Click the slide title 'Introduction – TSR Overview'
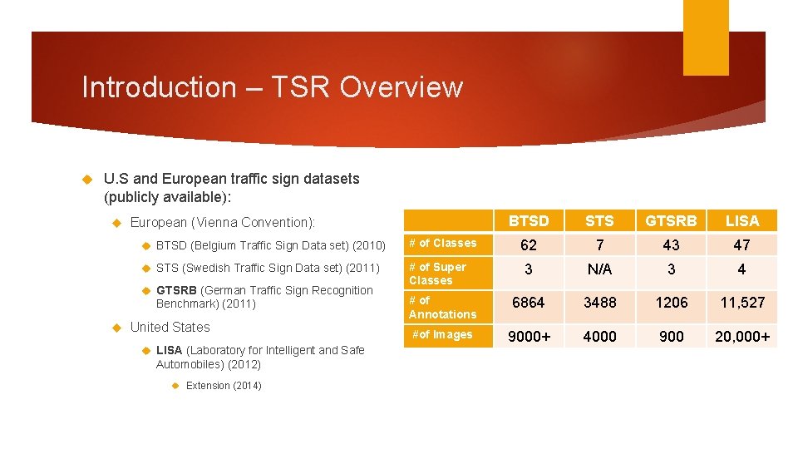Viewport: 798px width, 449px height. pyautogui.click(x=272, y=87)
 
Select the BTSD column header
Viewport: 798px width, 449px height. pyautogui.click(x=529, y=220)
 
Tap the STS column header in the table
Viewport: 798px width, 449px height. pyautogui.click(x=599, y=220)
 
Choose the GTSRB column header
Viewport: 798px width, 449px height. pyautogui.click(x=671, y=220)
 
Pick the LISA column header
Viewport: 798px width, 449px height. pyautogui.click(x=741, y=220)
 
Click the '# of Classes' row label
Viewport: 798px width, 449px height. pyautogui.click(x=443, y=244)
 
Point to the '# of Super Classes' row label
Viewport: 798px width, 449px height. pyautogui.click(x=437, y=274)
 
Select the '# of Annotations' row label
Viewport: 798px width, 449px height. pyautogui.click(x=442, y=307)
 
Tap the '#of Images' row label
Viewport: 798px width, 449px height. pyautogui.click(x=442, y=335)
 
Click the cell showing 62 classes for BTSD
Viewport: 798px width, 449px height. pyautogui.click(x=529, y=244)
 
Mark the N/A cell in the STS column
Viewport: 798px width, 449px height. pyautogui.click(x=599, y=270)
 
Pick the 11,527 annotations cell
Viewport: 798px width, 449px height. pyautogui.click(x=741, y=303)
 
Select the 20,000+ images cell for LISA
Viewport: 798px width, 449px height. pyautogui.click(x=741, y=336)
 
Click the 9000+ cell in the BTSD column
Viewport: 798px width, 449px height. pyautogui.click(x=529, y=336)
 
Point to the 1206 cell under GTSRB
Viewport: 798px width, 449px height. pyautogui.click(x=671, y=303)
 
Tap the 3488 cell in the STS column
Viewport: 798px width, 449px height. pyautogui.click(x=599, y=303)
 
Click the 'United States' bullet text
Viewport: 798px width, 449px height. pyautogui.click(x=170, y=328)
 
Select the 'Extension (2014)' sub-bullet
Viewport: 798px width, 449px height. pyautogui.click(x=224, y=386)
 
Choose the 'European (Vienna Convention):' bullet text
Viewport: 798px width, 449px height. pyautogui.click(x=223, y=222)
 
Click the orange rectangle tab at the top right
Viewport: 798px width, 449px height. pyautogui.click(x=706, y=37)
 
